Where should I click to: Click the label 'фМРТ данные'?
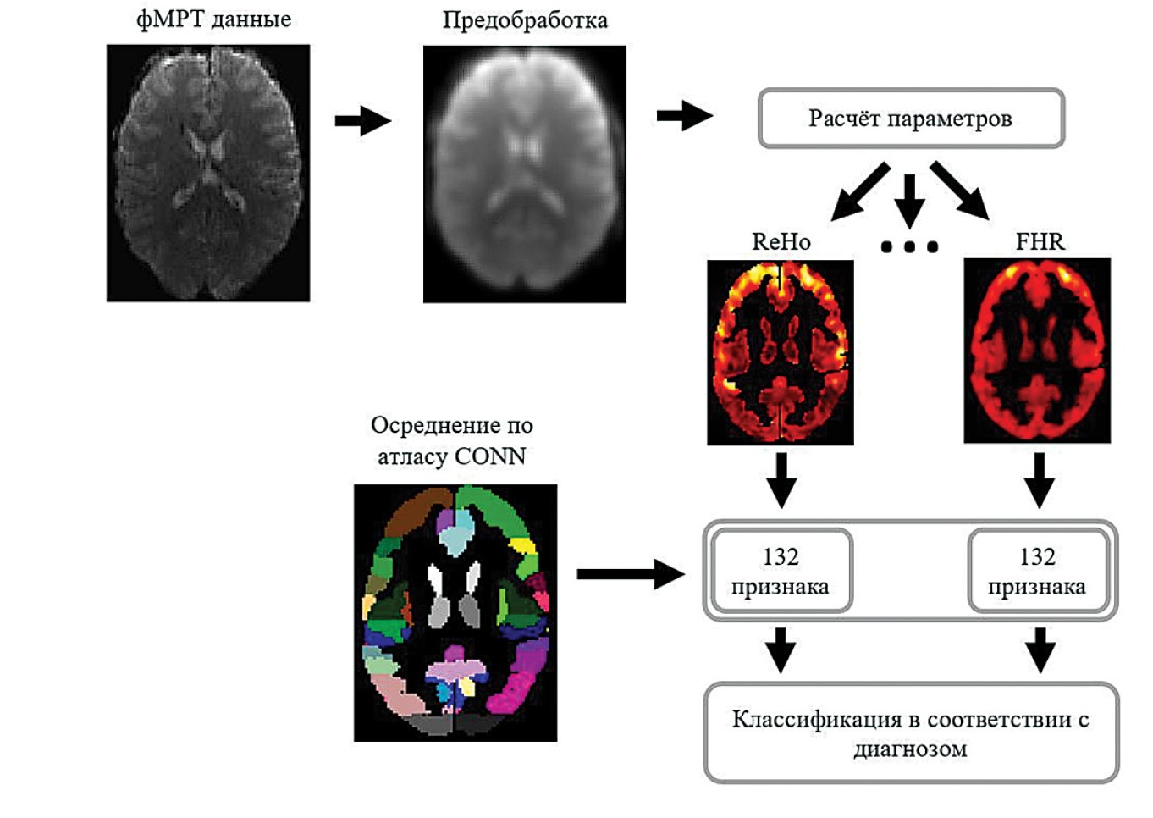point(213,19)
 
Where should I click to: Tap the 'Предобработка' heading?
point(525,20)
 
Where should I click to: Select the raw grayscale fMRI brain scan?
point(208,174)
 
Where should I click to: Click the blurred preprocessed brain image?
point(525,174)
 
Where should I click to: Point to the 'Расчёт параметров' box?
point(911,119)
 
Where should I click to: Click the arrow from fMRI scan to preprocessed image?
point(363,121)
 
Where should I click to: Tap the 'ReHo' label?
point(781,242)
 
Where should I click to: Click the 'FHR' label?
point(1040,242)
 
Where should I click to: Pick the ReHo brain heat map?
point(781,352)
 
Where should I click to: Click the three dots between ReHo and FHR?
point(909,247)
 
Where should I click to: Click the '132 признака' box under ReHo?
point(781,571)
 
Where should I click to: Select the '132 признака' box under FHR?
point(1037,571)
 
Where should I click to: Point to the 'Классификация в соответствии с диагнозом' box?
point(911,733)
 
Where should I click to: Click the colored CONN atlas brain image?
point(455,613)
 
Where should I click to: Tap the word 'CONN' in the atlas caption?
point(490,456)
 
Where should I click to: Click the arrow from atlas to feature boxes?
point(631,574)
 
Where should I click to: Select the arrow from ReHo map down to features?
point(781,479)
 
